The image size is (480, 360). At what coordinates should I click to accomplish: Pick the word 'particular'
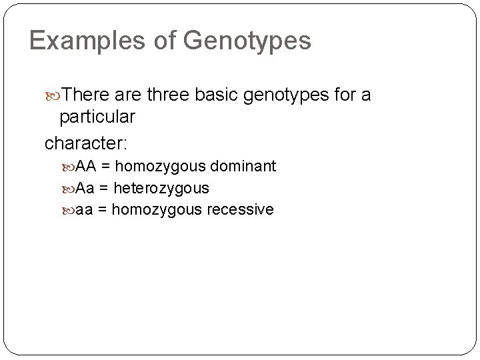tap(97, 119)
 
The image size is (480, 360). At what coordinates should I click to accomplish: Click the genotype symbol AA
tap(87, 165)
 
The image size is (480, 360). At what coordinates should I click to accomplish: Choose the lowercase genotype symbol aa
tap(84, 209)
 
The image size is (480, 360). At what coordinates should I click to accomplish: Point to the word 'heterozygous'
tap(162, 188)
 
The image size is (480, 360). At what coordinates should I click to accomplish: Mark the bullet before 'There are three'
tap(54, 96)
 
